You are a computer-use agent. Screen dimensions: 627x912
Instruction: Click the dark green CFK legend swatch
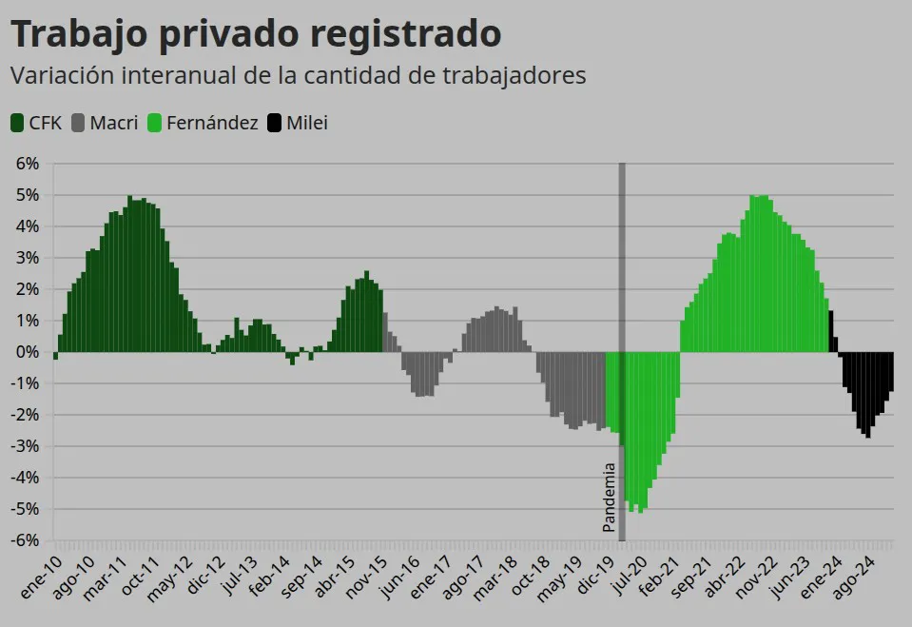(x=17, y=123)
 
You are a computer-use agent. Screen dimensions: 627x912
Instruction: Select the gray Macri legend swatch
(x=78, y=123)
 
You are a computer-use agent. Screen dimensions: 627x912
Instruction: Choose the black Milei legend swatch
(x=275, y=123)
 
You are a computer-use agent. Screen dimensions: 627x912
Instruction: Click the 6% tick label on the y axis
(x=28, y=164)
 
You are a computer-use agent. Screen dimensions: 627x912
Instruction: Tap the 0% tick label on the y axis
(x=28, y=352)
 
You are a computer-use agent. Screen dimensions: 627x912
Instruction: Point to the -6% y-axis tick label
(x=26, y=540)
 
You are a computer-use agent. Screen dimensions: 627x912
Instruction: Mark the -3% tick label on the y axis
(x=26, y=446)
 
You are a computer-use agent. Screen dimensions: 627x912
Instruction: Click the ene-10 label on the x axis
(x=40, y=576)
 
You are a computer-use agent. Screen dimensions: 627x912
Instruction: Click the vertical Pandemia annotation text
(x=610, y=497)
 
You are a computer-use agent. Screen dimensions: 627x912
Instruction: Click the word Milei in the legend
(x=307, y=123)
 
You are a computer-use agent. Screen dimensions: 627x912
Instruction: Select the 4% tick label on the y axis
(x=28, y=226)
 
